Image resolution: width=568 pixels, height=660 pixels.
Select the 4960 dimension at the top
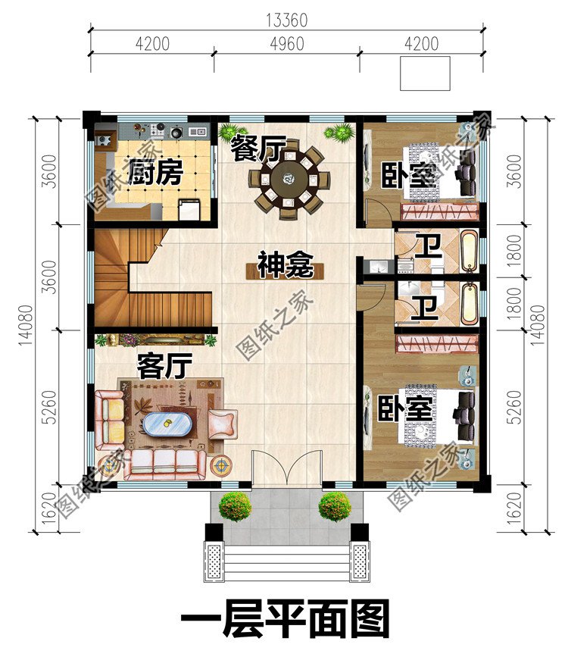coord(286,43)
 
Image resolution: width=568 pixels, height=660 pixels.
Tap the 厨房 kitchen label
coord(154,173)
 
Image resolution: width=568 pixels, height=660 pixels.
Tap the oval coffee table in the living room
coord(167,424)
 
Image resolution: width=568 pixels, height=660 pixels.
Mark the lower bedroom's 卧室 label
coord(406,409)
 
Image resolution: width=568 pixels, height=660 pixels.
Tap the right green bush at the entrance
coord(334,505)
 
